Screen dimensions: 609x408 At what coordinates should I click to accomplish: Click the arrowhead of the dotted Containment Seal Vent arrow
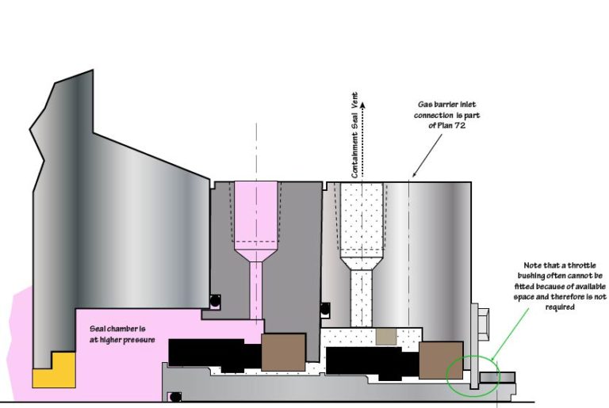click(x=362, y=105)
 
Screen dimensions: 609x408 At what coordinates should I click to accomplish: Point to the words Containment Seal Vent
click(x=354, y=135)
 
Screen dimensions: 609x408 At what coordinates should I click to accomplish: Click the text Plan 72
click(x=451, y=125)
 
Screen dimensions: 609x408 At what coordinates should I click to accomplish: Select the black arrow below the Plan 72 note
click(x=427, y=155)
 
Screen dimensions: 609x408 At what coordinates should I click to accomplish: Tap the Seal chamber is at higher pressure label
click(x=122, y=334)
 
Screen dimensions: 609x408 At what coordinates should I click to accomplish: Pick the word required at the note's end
click(x=560, y=307)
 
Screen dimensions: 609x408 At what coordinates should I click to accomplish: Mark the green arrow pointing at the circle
click(x=510, y=334)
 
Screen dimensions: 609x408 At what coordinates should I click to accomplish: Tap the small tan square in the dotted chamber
click(x=386, y=336)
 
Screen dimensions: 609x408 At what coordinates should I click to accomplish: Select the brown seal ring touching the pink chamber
click(x=283, y=352)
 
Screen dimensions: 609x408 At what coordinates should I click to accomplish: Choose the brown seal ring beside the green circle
click(x=441, y=360)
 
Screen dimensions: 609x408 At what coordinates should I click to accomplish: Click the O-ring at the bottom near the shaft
click(x=175, y=397)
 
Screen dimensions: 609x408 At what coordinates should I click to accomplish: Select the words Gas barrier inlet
click(x=446, y=105)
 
